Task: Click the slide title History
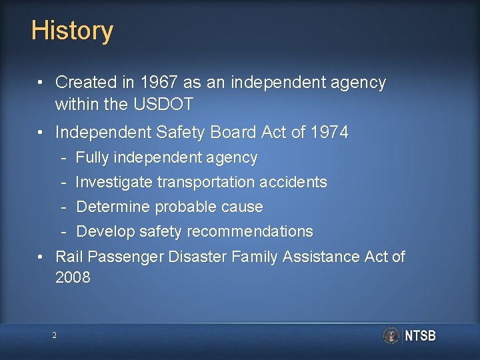click(72, 31)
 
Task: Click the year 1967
click(159, 83)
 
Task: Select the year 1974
click(329, 133)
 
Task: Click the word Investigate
click(114, 182)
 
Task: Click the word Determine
click(113, 207)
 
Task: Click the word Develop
click(105, 231)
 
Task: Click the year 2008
click(73, 277)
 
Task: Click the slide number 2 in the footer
click(55, 335)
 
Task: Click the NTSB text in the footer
click(420, 336)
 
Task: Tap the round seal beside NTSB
click(391, 335)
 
